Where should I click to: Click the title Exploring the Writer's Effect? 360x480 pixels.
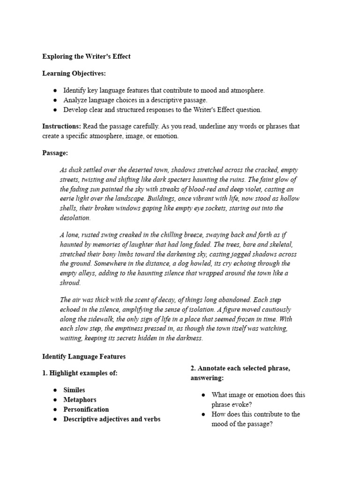pos(86,56)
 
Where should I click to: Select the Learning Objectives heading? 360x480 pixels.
pos(74,74)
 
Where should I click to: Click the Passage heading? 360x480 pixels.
pos(55,153)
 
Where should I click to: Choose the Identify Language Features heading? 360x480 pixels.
pos(84,357)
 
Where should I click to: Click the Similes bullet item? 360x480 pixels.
pos(74,390)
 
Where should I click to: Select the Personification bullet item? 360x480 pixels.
pos(86,409)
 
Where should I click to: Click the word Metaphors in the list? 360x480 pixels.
pos(80,400)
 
